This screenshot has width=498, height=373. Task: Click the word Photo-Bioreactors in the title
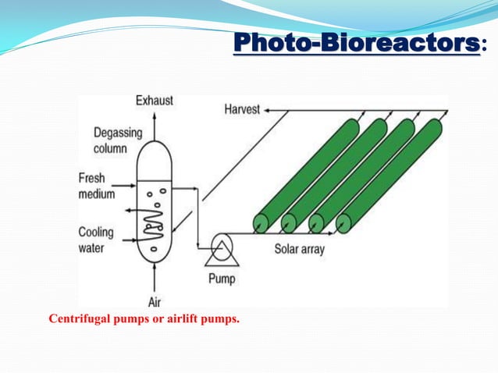tap(356, 44)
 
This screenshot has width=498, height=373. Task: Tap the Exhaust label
tap(155, 101)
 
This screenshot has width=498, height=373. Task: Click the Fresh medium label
tap(97, 186)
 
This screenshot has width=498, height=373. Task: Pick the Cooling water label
tap(96, 239)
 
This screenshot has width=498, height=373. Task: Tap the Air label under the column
tap(155, 302)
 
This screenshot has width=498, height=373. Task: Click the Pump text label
tap(221, 278)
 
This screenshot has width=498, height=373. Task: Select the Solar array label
tap(301, 250)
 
